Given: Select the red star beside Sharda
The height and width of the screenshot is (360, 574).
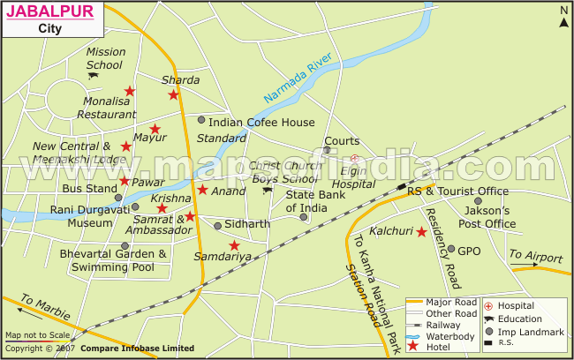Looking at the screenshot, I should pos(173,95).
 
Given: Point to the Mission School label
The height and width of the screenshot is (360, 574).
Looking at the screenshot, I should pos(104,58).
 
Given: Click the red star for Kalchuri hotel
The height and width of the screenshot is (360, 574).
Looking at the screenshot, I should pos(422,232).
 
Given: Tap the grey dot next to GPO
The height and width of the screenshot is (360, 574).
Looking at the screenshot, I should pos(450,249).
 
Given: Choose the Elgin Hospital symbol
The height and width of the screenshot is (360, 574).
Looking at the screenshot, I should pos(354,159).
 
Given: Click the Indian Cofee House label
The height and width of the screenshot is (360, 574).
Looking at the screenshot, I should pos(261,122).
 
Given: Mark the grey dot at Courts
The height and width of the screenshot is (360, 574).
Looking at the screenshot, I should pos(327,150).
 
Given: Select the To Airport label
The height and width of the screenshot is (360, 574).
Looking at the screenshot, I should pos(535,256).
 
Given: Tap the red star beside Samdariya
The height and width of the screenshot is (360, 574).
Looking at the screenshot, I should pos(234,245).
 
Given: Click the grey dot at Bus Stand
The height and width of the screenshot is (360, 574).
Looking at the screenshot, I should pos(118,198).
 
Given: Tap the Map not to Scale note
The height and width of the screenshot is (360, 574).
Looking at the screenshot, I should pos(37,335).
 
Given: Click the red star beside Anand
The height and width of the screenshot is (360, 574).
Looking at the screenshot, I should pos(202,190).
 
